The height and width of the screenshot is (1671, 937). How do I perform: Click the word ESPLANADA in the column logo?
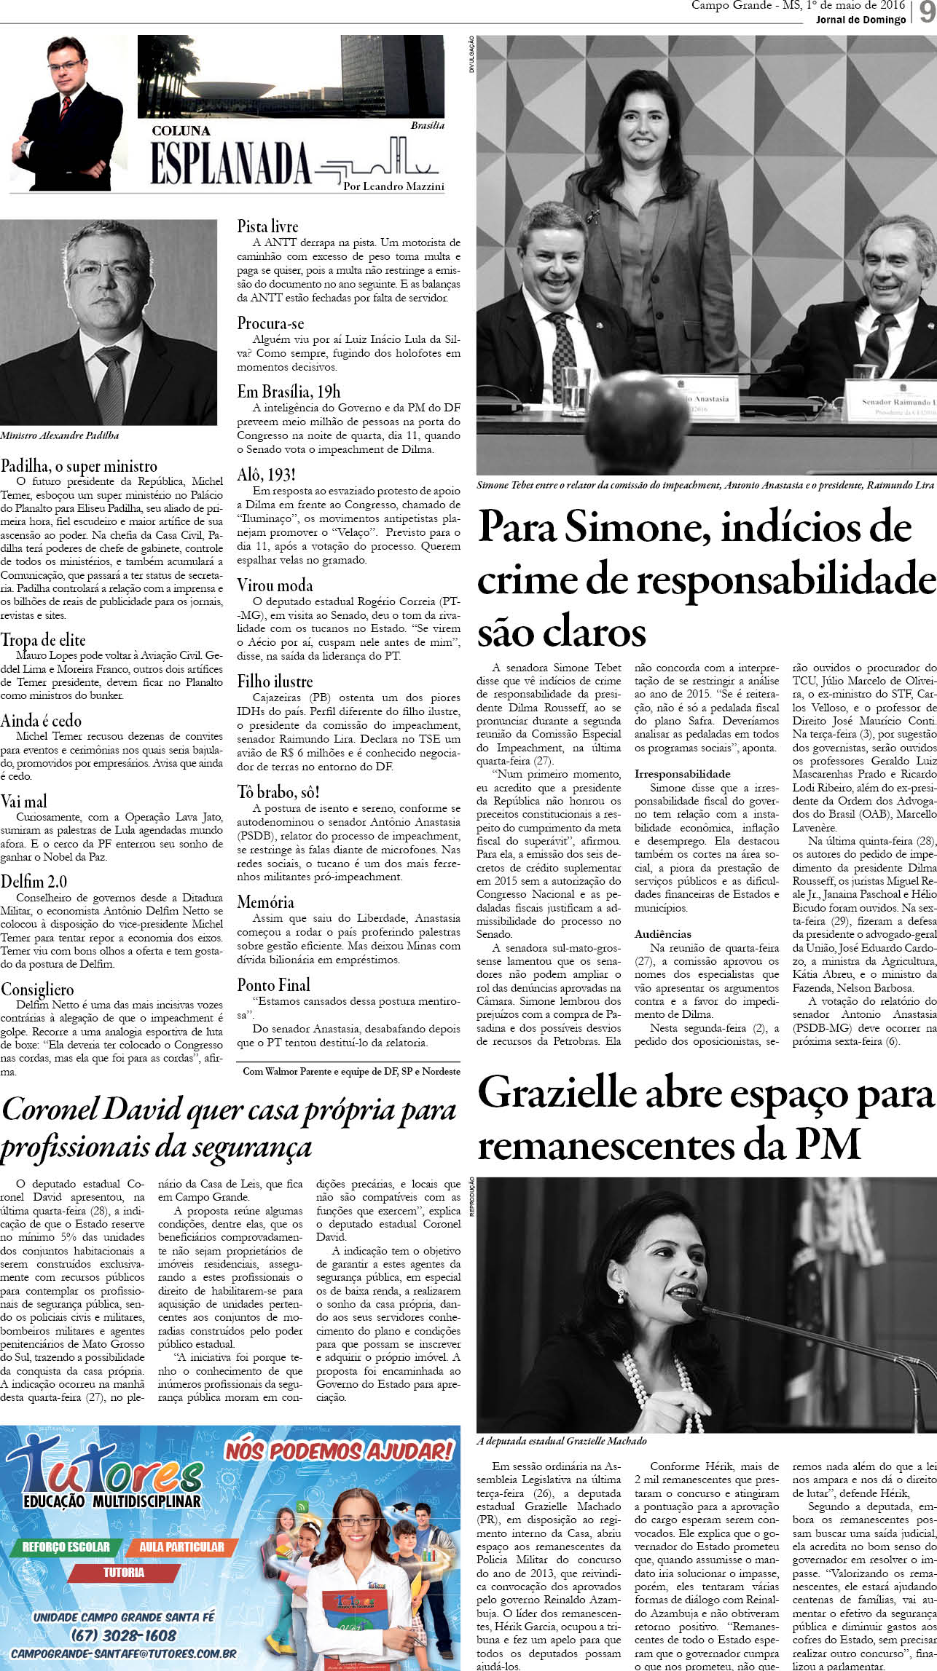(x=230, y=162)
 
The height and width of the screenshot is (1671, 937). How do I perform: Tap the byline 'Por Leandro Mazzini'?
(x=393, y=186)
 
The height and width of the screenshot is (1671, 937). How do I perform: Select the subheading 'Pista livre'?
(x=267, y=226)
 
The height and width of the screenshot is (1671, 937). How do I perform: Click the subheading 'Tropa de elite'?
(x=43, y=640)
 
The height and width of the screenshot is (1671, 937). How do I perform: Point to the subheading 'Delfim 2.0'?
(x=34, y=881)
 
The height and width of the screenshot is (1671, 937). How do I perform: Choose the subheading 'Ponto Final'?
(x=273, y=984)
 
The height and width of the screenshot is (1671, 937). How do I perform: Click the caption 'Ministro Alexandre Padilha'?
(x=60, y=435)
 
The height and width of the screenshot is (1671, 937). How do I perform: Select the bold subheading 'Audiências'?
(x=662, y=933)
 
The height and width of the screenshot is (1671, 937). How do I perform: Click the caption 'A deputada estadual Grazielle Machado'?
(x=561, y=1440)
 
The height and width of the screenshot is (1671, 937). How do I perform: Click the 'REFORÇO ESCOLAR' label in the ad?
(x=66, y=1527)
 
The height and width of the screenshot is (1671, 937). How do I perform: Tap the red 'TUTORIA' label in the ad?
(x=123, y=1552)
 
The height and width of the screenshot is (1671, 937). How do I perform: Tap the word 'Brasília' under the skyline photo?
(x=427, y=125)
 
